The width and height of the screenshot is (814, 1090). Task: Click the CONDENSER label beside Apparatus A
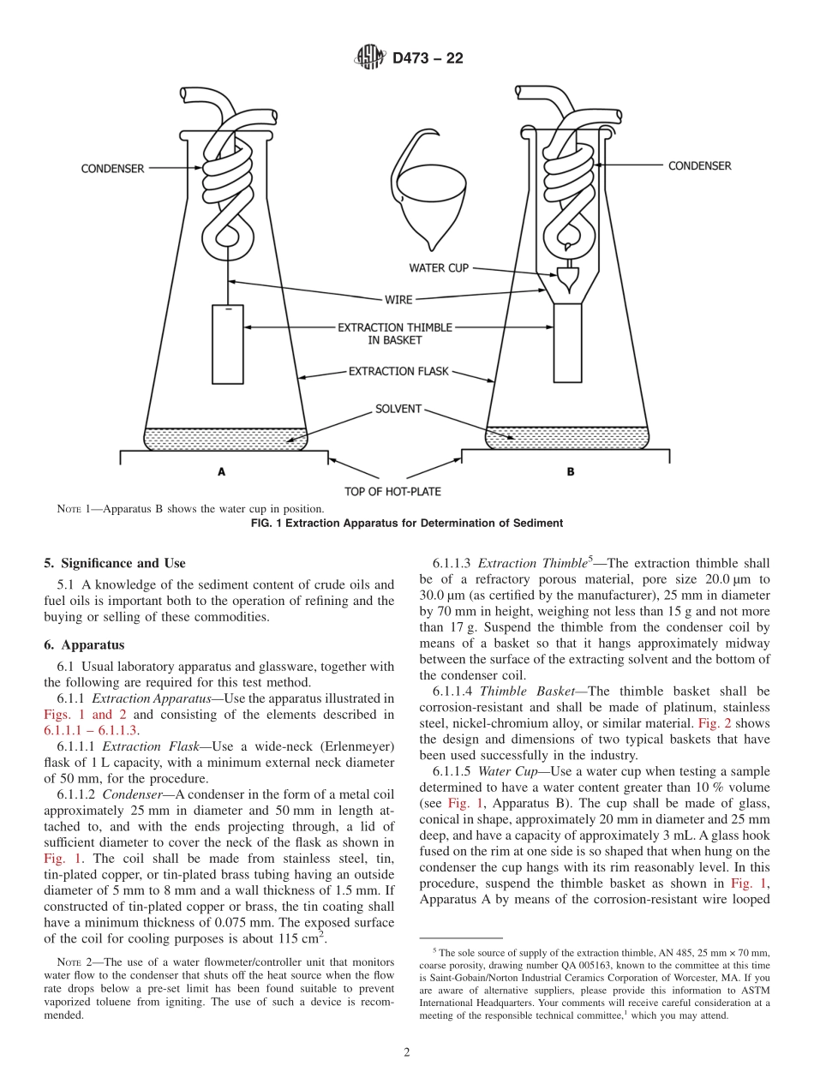point(113,169)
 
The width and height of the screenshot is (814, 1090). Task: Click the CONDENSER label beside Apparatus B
point(699,165)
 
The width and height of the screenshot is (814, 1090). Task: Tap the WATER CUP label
point(438,268)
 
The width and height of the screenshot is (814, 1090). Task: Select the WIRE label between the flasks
point(398,300)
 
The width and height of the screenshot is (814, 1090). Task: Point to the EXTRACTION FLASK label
point(398,372)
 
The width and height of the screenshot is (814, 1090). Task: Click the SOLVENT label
point(398,409)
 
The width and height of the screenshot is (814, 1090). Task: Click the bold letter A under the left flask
point(221,471)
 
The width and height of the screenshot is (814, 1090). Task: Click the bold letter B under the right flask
point(570,471)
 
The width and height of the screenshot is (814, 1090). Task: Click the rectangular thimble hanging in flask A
point(228,344)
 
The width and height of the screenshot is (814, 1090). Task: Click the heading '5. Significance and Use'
point(114,563)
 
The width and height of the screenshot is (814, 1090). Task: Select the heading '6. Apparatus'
point(84,644)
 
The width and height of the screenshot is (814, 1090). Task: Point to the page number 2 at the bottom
point(407,1053)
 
